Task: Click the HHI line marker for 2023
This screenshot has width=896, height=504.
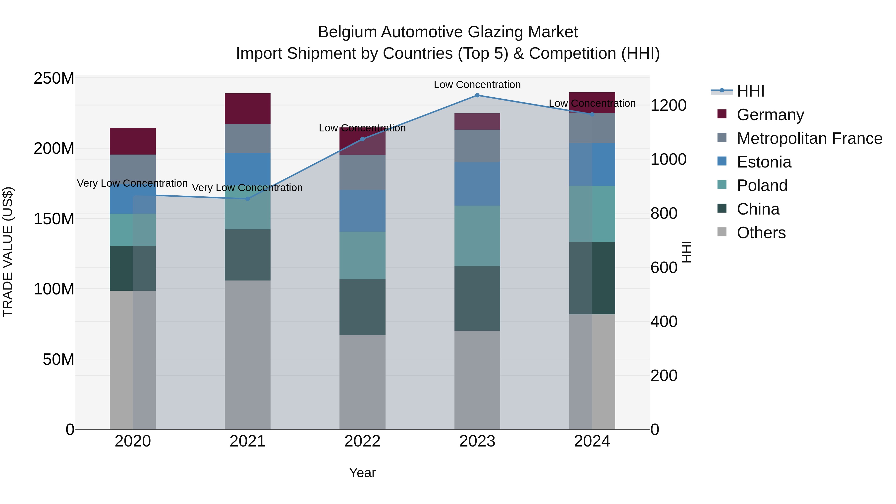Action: click(x=477, y=95)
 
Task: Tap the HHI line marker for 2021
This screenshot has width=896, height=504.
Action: click(x=248, y=199)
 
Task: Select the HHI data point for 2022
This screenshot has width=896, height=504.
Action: click(x=362, y=139)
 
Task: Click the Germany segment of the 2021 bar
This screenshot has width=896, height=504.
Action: click(x=248, y=109)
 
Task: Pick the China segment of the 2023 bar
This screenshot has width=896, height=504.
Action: click(x=477, y=298)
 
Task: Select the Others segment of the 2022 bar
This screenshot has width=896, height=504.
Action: click(x=362, y=382)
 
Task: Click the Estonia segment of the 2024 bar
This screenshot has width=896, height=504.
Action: click(x=592, y=164)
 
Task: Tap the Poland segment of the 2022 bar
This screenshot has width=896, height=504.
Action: click(x=362, y=255)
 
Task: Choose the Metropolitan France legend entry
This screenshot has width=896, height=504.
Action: click(x=809, y=138)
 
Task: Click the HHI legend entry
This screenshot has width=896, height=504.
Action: click(x=751, y=91)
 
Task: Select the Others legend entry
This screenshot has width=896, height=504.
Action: click(x=761, y=233)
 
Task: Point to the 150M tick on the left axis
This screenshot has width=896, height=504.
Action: click(x=54, y=219)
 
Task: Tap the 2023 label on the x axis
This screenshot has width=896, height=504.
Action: click(x=477, y=441)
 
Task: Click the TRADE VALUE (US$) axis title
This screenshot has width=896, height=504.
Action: click(x=8, y=252)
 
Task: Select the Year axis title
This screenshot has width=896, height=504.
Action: click(x=362, y=473)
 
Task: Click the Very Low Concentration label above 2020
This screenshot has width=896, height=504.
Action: click(x=132, y=183)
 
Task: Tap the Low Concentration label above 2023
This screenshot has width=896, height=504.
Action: click(x=477, y=85)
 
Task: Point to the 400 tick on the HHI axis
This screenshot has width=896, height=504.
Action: click(x=664, y=322)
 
